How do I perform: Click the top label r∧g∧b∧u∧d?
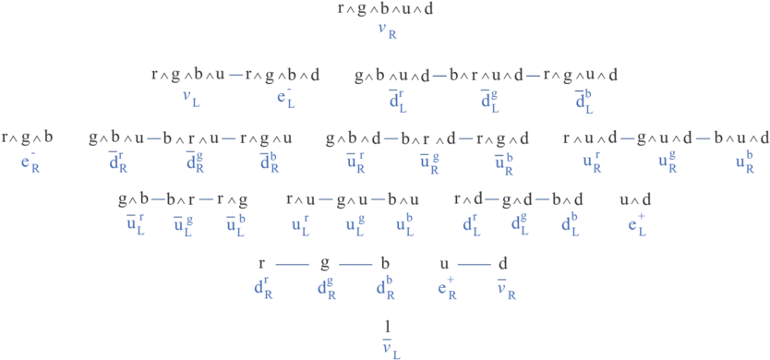pos(385,9)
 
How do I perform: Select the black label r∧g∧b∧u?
pos(188,75)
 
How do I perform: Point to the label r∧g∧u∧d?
pos(580,75)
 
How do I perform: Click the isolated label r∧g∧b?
pos(27,138)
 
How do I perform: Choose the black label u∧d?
pos(635,198)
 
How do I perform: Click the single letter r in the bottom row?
pos(262,263)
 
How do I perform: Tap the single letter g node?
pos(325,263)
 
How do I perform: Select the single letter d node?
pos(503,263)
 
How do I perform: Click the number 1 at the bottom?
pos(388,325)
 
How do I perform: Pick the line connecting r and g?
pos(292,264)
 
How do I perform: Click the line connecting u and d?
pos(474,264)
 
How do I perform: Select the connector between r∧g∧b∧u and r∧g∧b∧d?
pos(235,75)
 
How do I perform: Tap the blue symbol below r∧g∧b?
pos(30,164)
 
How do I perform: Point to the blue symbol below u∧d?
pos(637,222)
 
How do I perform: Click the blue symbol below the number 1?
pos(391,348)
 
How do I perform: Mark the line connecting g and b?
pos(354,264)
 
